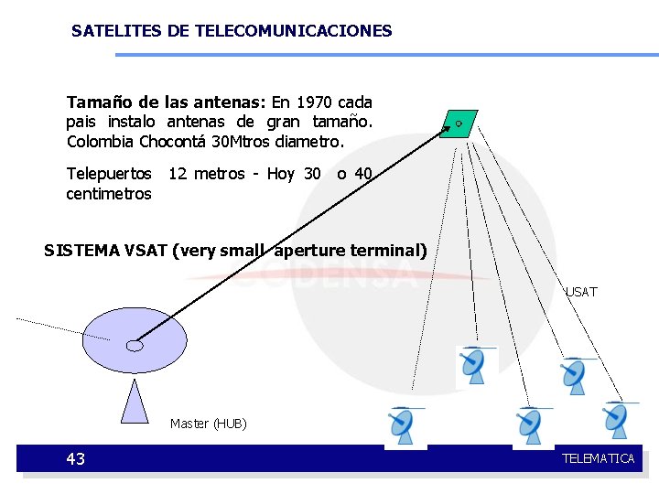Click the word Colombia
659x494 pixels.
[x=101, y=142]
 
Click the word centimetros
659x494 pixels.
[x=109, y=194]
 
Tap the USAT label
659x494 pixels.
[x=581, y=292]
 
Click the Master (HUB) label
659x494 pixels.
[x=208, y=424]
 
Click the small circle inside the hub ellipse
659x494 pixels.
[x=135, y=346]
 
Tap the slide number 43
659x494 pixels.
[x=76, y=459]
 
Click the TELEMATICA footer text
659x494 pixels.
[x=598, y=458]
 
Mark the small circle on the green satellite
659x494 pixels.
[x=459, y=123]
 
